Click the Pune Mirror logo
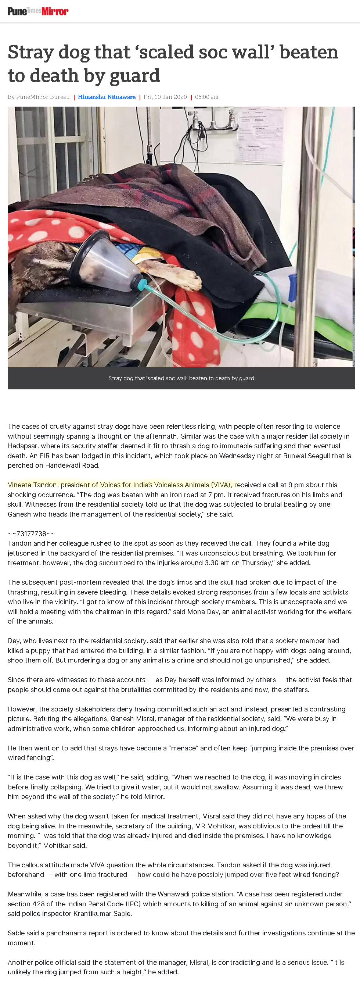pyautogui.click(x=38, y=11)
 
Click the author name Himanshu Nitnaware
pyautogui.click(x=107, y=97)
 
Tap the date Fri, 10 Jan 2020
pyautogui.click(x=165, y=97)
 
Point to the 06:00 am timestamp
pyautogui.click(x=206, y=97)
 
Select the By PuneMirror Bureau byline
pyautogui.click(x=39, y=97)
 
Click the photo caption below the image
pyautogui.click(x=181, y=378)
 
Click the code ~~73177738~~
pyautogui.click(x=31, y=533)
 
